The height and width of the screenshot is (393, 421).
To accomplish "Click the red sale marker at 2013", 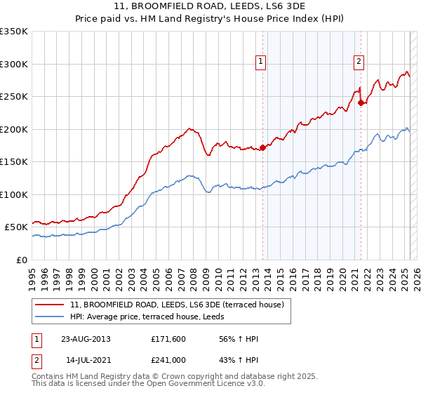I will click(x=262, y=147).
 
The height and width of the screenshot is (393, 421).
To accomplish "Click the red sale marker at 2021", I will click(x=361, y=102).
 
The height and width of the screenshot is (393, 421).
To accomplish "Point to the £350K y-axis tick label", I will click(x=13, y=32).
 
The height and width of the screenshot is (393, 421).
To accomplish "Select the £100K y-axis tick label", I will click(x=13, y=194).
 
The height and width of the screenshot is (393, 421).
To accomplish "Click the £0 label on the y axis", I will click(x=22, y=260).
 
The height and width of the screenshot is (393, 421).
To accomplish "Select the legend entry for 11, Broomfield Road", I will click(x=177, y=305).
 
